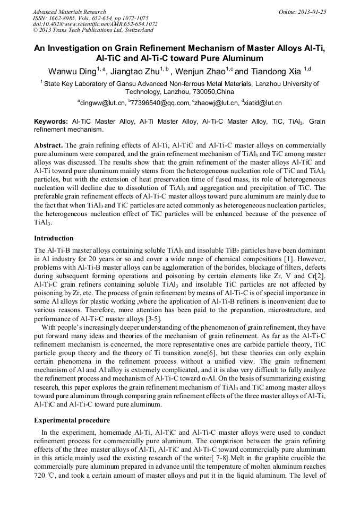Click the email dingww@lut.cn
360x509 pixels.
[x=102, y=103]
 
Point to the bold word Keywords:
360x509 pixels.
[x=52, y=122]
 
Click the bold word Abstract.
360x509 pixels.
[x=48, y=145]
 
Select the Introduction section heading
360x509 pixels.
[x=54, y=238]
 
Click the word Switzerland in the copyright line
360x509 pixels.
[x=136, y=30]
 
